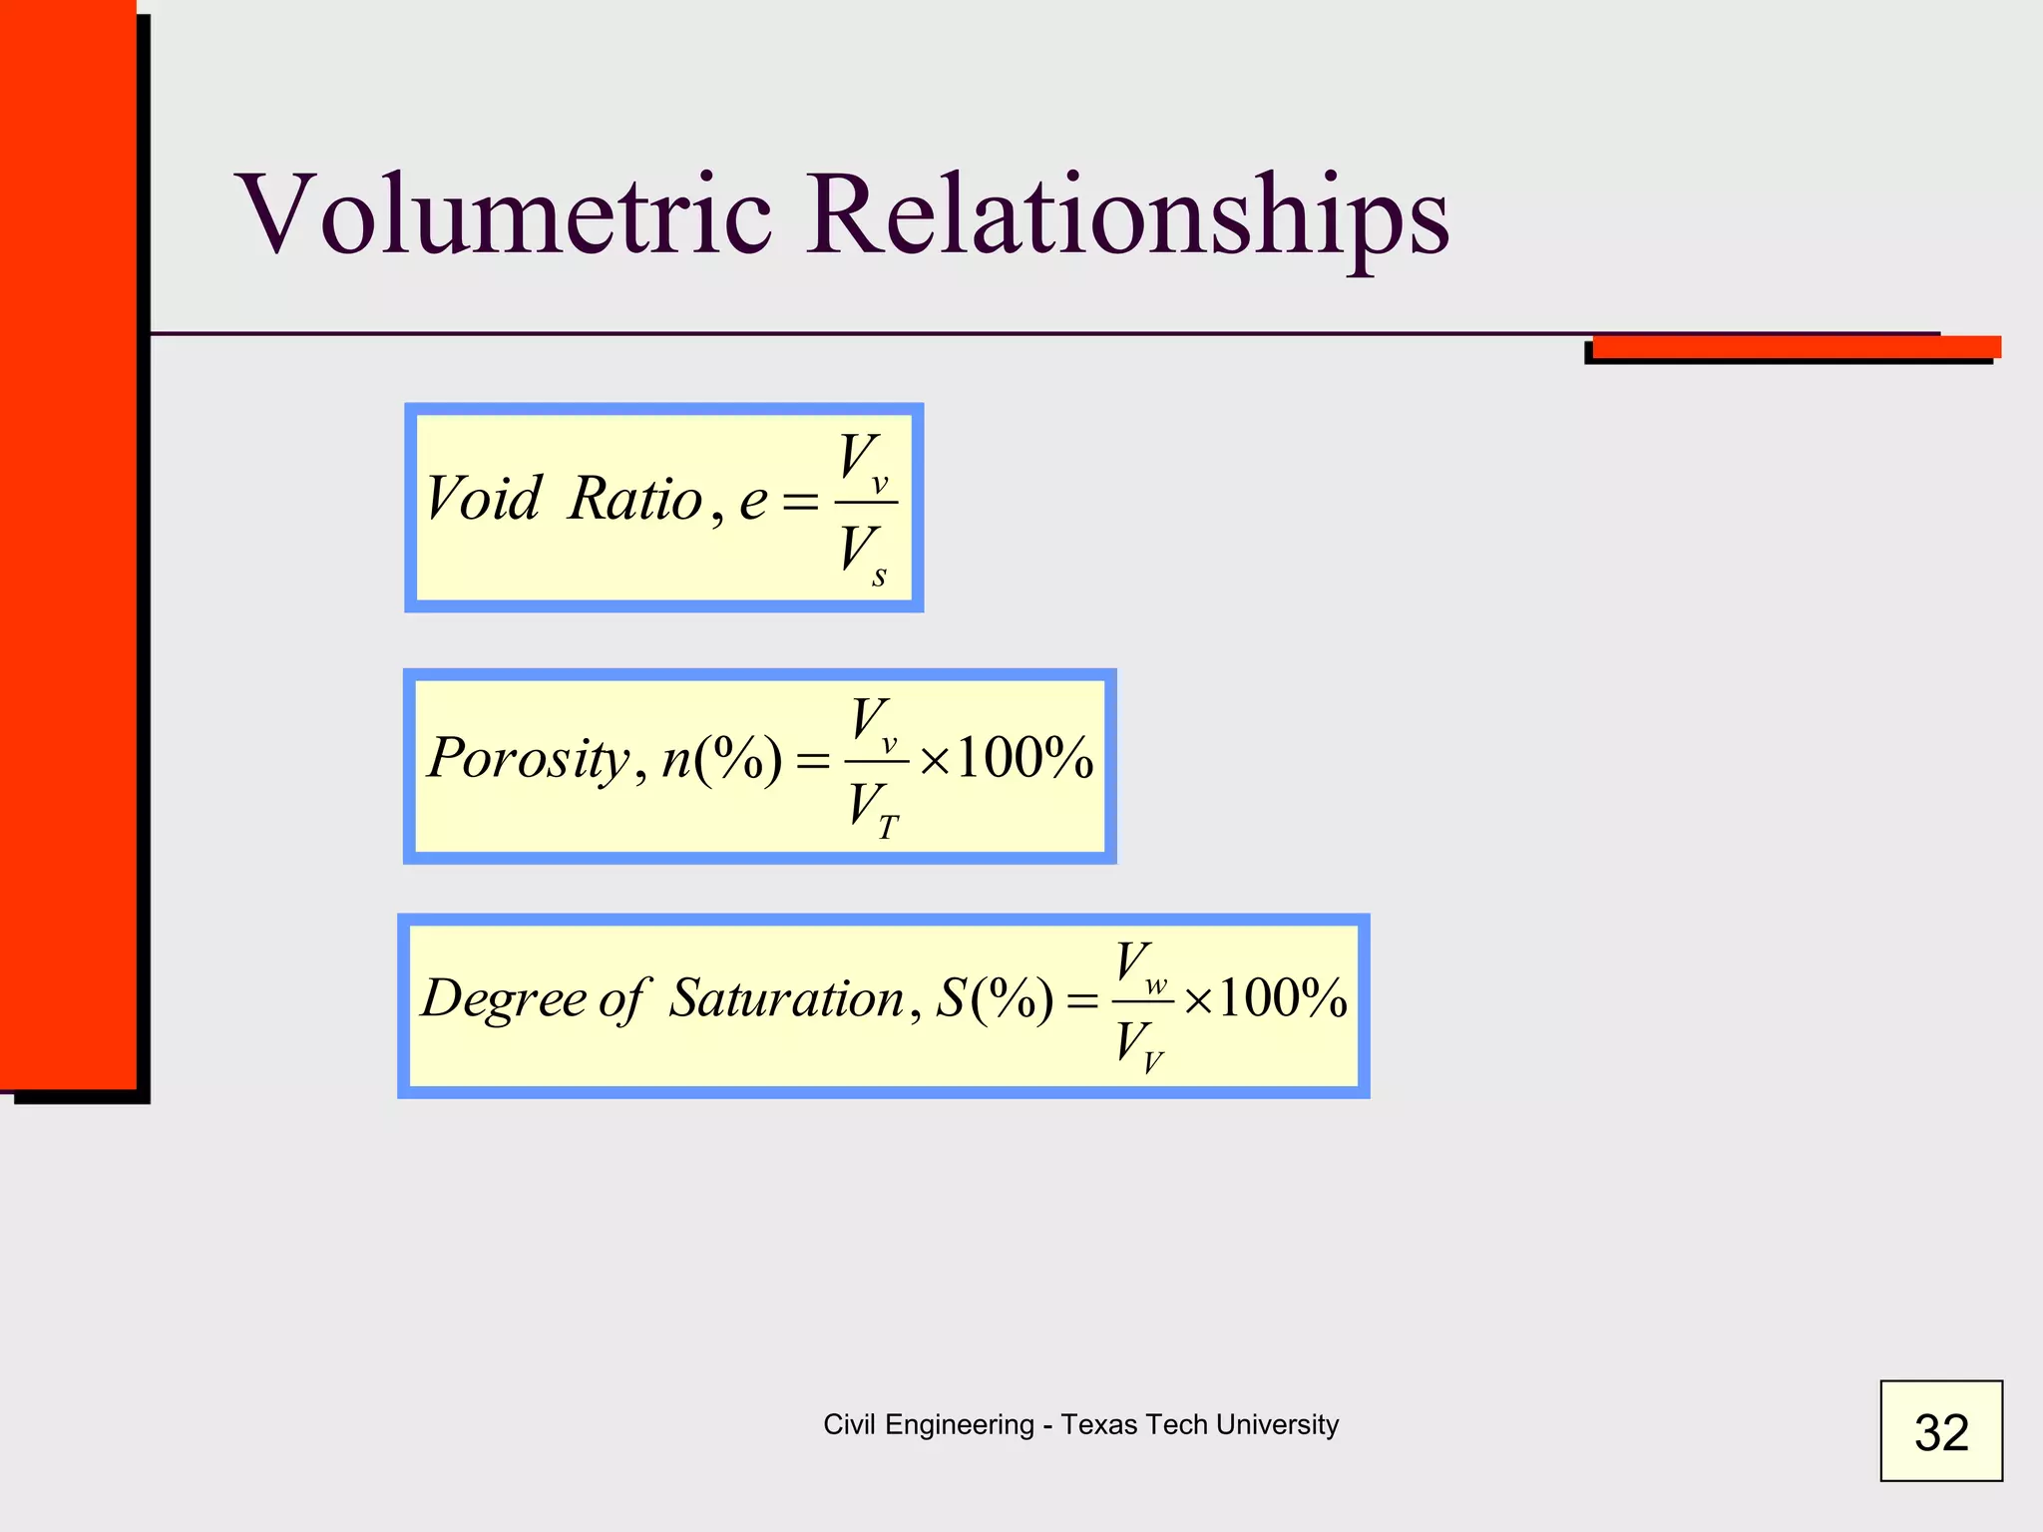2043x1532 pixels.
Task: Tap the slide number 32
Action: (x=1940, y=1432)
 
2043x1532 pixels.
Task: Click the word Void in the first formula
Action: (x=483, y=499)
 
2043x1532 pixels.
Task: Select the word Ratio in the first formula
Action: (x=635, y=499)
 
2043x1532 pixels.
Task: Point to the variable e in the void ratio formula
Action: (x=753, y=501)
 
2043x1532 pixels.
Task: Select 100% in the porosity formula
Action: (x=1024, y=759)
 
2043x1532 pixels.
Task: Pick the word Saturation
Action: (x=786, y=998)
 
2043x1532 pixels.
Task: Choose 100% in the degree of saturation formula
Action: (x=1282, y=998)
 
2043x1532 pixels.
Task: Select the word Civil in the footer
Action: (x=849, y=1424)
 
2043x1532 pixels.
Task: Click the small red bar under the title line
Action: (x=1796, y=347)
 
